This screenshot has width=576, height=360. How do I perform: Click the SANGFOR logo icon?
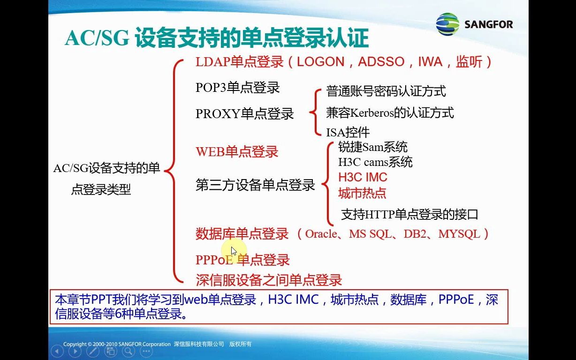(x=447, y=24)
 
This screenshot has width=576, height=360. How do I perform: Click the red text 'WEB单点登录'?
(x=237, y=152)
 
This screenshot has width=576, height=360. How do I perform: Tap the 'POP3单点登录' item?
(x=237, y=88)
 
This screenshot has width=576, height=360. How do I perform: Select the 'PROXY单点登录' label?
(x=244, y=114)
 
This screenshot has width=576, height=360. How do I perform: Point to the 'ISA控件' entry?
(x=348, y=133)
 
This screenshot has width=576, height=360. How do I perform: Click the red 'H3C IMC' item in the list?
(x=363, y=177)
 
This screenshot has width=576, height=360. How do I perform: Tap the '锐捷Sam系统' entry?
(x=373, y=147)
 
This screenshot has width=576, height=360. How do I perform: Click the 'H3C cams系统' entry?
(x=375, y=162)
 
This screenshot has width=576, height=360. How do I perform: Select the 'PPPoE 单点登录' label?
(x=243, y=260)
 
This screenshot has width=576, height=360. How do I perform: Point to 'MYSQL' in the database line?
(x=459, y=233)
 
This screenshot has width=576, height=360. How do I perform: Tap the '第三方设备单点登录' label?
(x=255, y=185)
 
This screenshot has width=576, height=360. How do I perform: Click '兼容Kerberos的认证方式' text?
(x=390, y=112)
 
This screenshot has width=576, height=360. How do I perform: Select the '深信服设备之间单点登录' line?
(x=269, y=280)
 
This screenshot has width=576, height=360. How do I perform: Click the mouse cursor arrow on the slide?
(x=234, y=251)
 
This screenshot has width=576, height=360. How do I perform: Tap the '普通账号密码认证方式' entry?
(x=386, y=91)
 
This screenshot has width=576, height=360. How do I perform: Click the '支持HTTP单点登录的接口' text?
(x=409, y=215)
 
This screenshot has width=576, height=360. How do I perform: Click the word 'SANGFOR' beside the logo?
(x=488, y=24)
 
